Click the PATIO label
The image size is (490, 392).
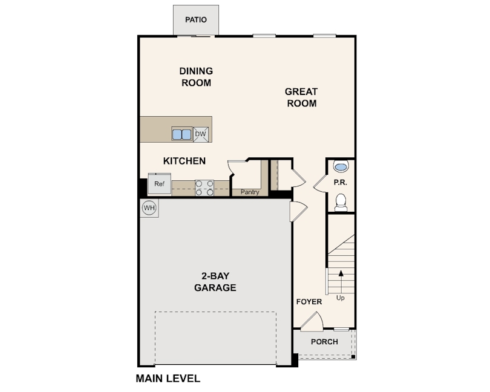click(x=196, y=20)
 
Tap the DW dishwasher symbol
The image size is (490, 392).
click(x=201, y=134)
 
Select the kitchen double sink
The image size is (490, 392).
click(x=181, y=134)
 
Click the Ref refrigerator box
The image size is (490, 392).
click(x=159, y=184)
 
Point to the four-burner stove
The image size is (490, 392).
click(x=204, y=188)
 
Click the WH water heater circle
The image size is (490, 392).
click(x=149, y=208)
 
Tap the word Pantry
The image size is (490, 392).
click(x=250, y=192)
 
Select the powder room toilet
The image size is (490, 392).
click(x=341, y=203)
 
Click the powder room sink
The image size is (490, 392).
click(x=341, y=166)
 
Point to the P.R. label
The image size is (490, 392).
click(x=341, y=182)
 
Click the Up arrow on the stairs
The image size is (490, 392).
click(x=341, y=281)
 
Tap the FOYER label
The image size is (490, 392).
click(x=309, y=302)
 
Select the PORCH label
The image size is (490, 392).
click(x=324, y=342)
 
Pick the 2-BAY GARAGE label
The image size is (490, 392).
click(x=215, y=282)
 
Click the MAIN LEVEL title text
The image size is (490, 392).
click(x=168, y=379)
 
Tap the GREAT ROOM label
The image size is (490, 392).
click(x=302, y=97)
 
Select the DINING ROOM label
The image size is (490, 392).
click(x=196, y=77)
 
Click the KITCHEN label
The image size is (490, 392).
click(x=185, y=161)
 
